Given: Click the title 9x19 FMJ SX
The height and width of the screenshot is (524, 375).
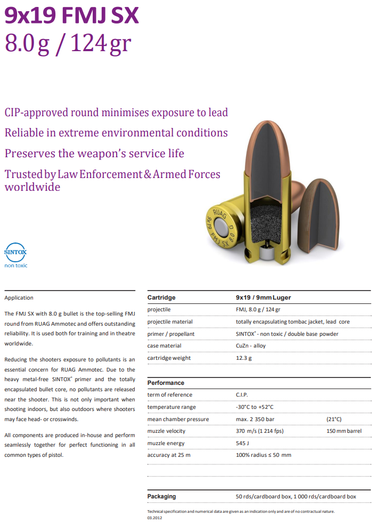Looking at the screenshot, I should pyautogui.click(x=72, y=15).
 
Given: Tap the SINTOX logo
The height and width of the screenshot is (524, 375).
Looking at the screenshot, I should pyautogui.click(x=15, y=252).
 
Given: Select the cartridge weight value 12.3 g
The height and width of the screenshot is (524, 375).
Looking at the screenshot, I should pyautogui.click(x=243, y=358).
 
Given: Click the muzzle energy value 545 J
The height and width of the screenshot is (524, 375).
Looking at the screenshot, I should pyautogui.click(x=243, y=444).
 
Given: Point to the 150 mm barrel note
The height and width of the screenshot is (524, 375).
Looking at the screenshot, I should pyautogui.click(x=344, y=431).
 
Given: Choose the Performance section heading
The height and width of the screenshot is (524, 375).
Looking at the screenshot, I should pyautogui.click(x=166, y=383).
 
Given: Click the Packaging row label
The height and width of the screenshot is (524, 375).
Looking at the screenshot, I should pyautogui.click(x=161, y=496).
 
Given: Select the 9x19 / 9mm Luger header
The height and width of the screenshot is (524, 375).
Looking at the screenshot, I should pyautogui.click(x=263, y=297).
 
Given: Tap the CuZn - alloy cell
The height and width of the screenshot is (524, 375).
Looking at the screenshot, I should pyautogui.click(x=250, y=346).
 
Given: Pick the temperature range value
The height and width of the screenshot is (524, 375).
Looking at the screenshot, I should pyautogui.click(x=255, y=407).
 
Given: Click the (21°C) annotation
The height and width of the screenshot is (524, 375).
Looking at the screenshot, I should pyautogui.click(x=334, y=420).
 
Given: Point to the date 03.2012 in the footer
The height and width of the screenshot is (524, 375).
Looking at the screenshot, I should pyautogui.click(x=153, y=518).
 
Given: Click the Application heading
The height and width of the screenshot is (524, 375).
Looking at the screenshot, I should pyautogui.click(x=19, y=298).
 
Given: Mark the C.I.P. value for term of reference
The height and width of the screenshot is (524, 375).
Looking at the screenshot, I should pyautogui.click(x=243, y=395).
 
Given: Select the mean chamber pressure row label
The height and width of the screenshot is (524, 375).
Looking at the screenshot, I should pyautogui.click(x=178, y=420).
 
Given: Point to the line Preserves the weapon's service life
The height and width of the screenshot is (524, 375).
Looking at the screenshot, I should pyautogui.click(x=94, y=154).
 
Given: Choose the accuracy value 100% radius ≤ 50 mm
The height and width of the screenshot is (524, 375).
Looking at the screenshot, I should pyautogui.click(x=263, y=455).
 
